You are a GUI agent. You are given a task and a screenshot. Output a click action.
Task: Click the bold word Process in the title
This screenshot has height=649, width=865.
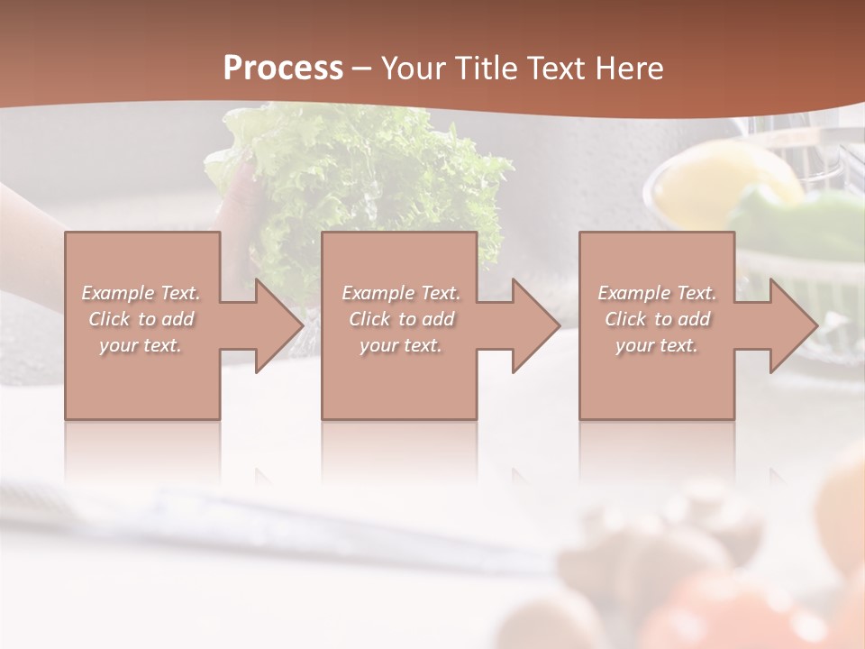click(x=283, y=68)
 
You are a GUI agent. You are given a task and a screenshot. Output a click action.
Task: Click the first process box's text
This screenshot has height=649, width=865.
click(x=141, y=319)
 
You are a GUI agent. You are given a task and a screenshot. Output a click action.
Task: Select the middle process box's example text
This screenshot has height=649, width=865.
click(x=401, y=319)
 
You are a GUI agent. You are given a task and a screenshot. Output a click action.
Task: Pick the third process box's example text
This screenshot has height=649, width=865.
click(x=657, y=319)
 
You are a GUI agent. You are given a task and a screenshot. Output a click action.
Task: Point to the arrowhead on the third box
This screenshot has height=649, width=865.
click(x=792, y=325)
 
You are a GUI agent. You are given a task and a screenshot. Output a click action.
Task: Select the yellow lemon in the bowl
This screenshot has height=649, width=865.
click(x=721, y=180)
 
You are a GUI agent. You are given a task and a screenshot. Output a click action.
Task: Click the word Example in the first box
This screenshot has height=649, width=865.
click(x=118, y=293)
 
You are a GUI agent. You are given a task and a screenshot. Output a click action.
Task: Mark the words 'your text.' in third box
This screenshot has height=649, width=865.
click(x=657, y=345)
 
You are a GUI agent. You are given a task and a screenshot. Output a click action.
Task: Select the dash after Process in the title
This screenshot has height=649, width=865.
click(x=362, y=69)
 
